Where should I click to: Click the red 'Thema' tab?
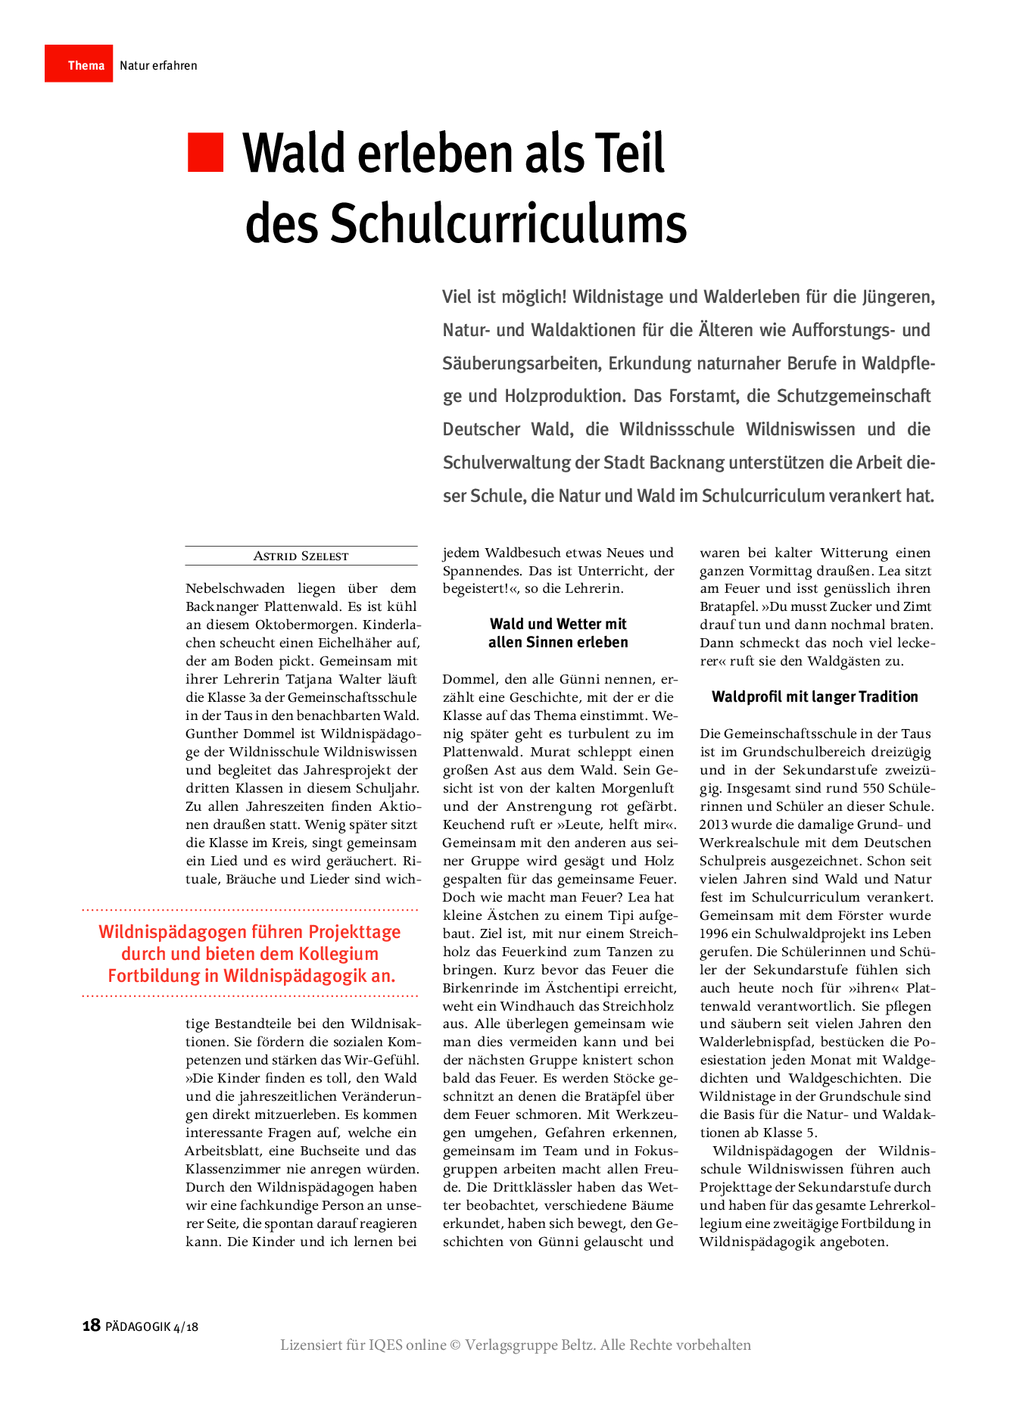(79, 64)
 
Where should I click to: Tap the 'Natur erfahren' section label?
(158, 66)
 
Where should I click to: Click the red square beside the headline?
(205, 152)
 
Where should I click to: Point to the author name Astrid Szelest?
(301, 556)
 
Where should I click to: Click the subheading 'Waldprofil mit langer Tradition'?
(815, 697)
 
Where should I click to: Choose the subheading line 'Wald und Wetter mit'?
(558, 625)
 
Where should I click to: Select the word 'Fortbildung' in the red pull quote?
(153, 976)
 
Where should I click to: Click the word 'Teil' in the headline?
(628, 154)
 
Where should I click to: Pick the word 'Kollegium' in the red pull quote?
(338, 954)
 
